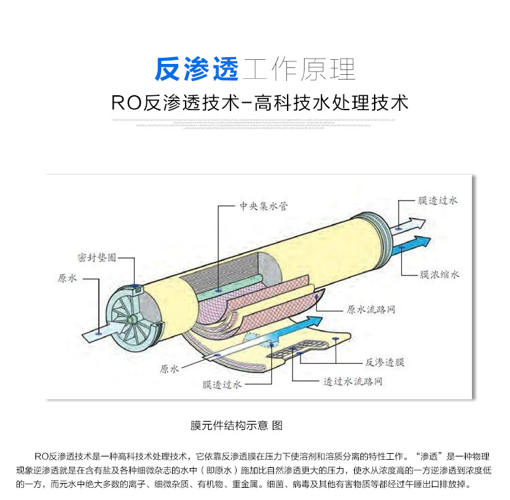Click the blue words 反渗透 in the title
click(x=197, y=69)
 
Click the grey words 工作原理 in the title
click(x=299, y=69)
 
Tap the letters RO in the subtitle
click(x=125, y=103)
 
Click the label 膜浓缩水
click(x=439, y=274)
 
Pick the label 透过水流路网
click(x=352, y=382)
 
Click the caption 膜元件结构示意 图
click(x=235, y=425)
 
